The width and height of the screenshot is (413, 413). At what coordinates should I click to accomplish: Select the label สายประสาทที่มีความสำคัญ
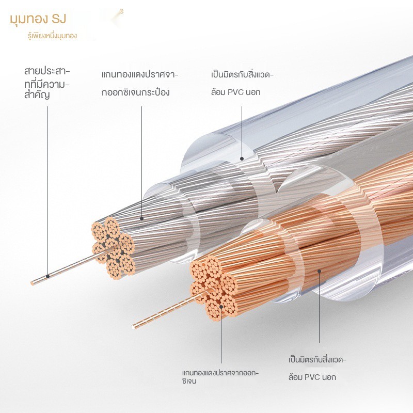46,82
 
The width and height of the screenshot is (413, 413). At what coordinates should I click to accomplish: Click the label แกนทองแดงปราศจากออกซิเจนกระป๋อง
139,84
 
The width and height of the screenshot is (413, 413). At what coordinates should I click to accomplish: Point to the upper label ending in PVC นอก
242,84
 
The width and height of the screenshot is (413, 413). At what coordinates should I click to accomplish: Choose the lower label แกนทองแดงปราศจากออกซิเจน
220,377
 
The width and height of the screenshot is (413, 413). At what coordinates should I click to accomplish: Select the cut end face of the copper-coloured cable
214,287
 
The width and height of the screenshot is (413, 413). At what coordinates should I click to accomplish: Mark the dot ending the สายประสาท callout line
47,276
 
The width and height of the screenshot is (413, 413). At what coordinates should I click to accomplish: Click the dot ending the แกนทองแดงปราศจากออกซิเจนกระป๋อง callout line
141,219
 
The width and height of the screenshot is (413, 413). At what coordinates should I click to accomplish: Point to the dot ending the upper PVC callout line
242,158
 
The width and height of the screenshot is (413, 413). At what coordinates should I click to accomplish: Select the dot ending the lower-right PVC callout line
320,270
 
